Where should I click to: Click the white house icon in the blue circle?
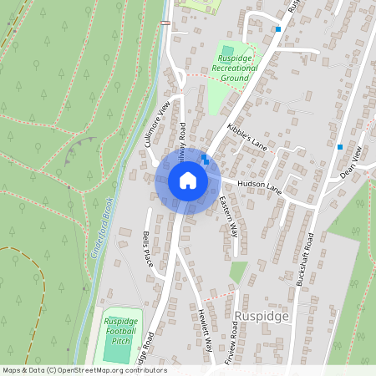pyautogui.click(x=188, y=180)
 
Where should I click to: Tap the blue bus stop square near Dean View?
pyautogui.click(x=340, y=147)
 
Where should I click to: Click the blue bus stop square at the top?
pyautogui.click(x=278, y=28)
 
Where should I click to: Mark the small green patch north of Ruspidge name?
pyautogui.click(x=239, y=272)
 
